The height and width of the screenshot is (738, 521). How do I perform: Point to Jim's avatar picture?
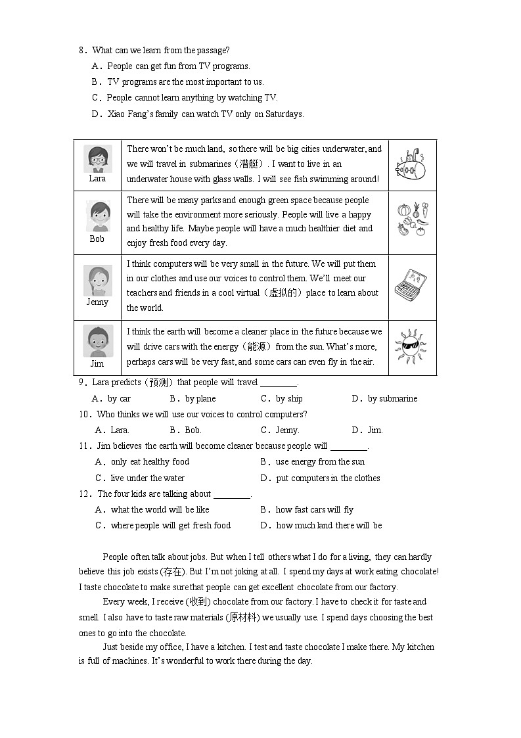(x=97, y=341)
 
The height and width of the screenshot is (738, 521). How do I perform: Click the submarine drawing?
(x=412, y=165)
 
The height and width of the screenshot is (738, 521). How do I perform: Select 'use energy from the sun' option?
(x=320, y=462)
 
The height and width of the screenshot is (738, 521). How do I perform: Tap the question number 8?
(x=81, y=51)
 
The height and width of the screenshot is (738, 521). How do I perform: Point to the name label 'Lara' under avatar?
(x=97, y=179)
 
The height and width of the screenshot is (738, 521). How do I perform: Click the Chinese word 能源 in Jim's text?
(x=253, y=347)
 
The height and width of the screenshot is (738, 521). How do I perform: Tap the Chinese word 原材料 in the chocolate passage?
(x=242, y=618)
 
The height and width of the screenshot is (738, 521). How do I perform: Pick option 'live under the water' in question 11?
(x=147, y=478)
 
